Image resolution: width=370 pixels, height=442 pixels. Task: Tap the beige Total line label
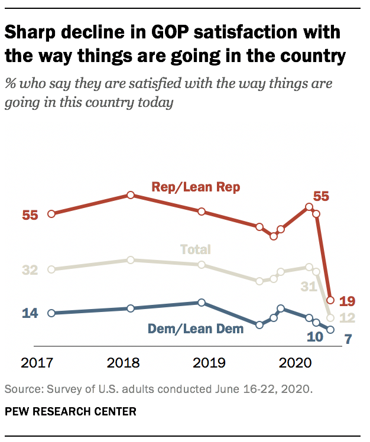(195, 249)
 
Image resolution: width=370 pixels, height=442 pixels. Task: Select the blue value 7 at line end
(349, 340)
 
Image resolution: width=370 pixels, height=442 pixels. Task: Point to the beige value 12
(347, 318)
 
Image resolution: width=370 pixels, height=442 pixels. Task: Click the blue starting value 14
(30, 313)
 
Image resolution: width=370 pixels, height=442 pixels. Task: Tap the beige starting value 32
(30, 270)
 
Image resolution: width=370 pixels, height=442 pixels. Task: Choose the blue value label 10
(315, 338)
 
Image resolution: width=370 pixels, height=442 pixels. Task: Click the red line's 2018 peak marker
(131, 195)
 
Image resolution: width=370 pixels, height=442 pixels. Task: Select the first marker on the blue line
(51, 313)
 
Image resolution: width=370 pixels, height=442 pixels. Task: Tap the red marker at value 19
(330, 300)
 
